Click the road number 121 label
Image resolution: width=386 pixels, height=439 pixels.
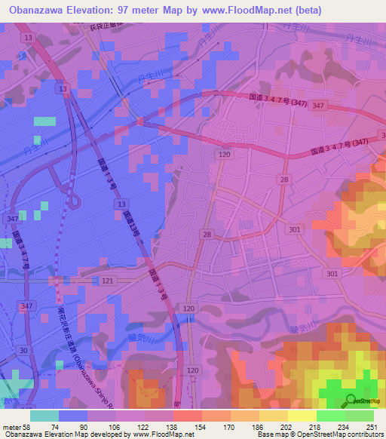(109, 280)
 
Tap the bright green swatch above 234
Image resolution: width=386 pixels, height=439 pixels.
(331, 416)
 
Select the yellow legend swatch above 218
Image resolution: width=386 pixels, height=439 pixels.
(302, 416)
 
